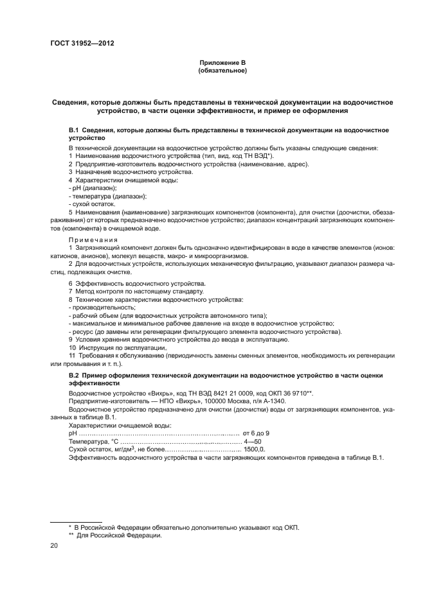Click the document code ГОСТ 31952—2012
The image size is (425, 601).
(77, 44)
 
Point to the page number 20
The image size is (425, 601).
(54, 545)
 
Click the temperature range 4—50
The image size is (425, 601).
(253, 442)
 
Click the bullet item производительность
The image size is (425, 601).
(96, 307)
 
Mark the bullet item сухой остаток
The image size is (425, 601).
(92, 204)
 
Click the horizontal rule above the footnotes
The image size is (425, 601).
(68, 520)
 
